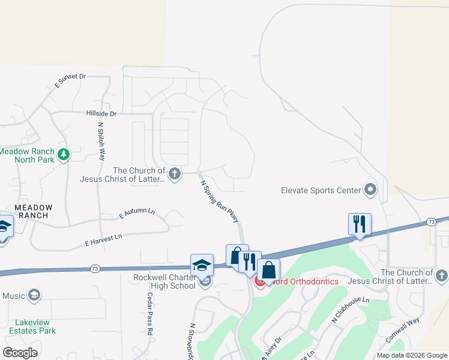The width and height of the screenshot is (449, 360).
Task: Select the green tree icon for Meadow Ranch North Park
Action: (63, 156)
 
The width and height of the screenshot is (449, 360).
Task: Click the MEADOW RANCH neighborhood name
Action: (34, 212)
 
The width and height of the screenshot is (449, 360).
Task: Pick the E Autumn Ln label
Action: (137, 214)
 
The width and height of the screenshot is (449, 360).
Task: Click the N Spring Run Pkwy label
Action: (220, 202)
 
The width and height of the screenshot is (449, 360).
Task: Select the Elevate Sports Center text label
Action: (321, 191)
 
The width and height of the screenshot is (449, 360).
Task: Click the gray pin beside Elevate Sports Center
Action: (370, 191)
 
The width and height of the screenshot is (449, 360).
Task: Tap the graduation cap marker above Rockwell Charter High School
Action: (202, 265)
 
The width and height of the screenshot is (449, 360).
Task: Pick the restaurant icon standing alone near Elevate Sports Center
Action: (360, 225)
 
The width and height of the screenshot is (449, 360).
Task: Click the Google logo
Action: (20, 353)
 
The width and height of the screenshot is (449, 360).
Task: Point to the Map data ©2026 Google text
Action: (411, 355)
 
